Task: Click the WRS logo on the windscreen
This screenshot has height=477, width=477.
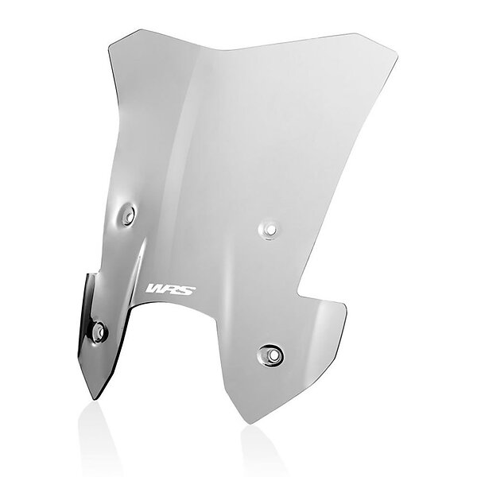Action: [x=171, y=289]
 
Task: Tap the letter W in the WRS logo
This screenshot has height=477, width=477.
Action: [x=155, y=289]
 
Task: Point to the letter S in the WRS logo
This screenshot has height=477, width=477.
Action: [x=188, y=291]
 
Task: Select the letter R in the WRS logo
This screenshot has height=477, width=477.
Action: [x=172, y=290]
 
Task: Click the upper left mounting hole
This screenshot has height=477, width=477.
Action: [x=129, y=214]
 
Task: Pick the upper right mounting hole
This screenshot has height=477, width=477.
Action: [x=269, y=229]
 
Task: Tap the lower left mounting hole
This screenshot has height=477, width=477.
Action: [x=99, y=332]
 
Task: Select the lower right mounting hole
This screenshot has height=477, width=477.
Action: [x=271, y=355]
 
